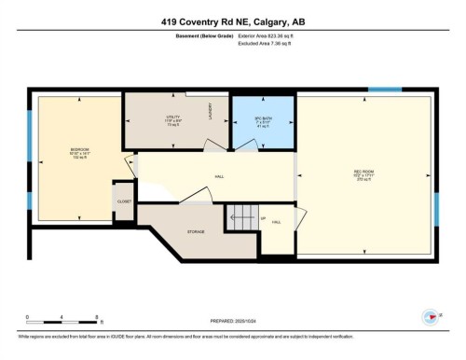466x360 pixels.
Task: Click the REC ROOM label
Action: click(x=364, y=154)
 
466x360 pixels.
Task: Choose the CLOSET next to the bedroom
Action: click(x=124, y=201)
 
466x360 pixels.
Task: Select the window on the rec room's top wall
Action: click(x=383, y=90)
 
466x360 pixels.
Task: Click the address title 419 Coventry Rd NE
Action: click(x=232, y=22)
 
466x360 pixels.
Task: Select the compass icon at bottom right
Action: click(x=430, y=317)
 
